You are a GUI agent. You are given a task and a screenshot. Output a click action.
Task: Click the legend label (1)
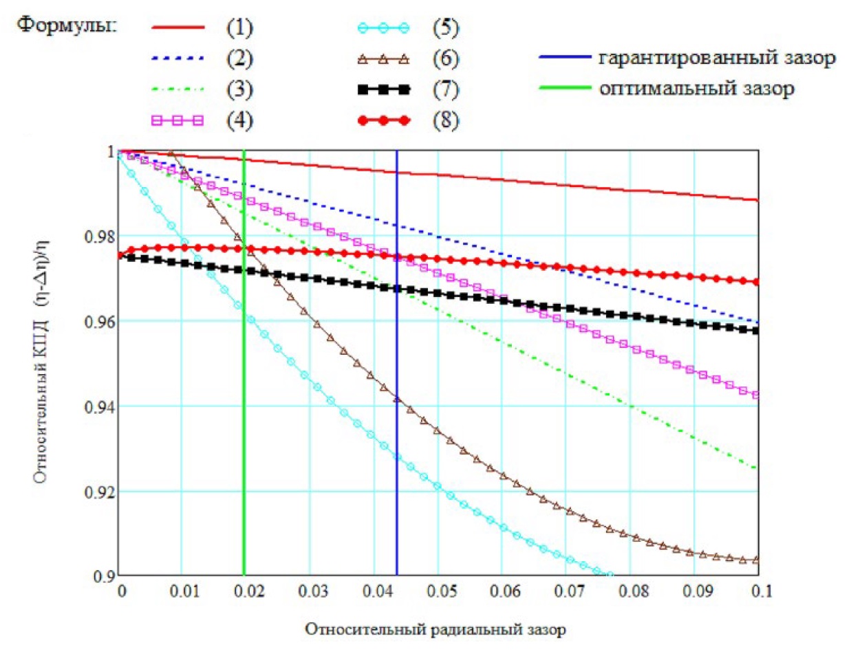click(239, 28)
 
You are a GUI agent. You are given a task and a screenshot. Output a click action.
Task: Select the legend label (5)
click(445, 28)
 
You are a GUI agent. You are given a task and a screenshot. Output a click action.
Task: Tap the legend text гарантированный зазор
click(717, 58)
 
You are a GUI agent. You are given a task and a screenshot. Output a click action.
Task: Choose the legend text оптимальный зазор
click(697, 89)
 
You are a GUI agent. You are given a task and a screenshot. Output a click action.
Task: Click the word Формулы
click(67, 25)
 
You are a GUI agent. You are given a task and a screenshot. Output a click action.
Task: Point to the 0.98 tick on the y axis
click(98, 237)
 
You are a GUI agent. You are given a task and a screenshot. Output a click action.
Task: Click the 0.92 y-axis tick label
click(98, 492)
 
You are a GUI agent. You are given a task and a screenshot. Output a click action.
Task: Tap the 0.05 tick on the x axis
click(441, 591)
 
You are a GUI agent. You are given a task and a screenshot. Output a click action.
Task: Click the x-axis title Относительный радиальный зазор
click(436, 629)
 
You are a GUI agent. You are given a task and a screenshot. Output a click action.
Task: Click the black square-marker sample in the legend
click(384, 89)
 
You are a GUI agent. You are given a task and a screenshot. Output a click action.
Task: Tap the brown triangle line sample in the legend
click(384, 59)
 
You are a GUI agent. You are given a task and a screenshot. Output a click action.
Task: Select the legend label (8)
click(445, 120)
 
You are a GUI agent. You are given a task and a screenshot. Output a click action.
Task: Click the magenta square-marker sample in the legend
click(178, 120)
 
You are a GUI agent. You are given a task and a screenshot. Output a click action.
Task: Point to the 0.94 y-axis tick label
click(98, 407)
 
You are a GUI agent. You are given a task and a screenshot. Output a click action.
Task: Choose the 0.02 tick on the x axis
click(249, 591)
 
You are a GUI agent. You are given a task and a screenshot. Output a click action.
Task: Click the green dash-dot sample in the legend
click(178, 89)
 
